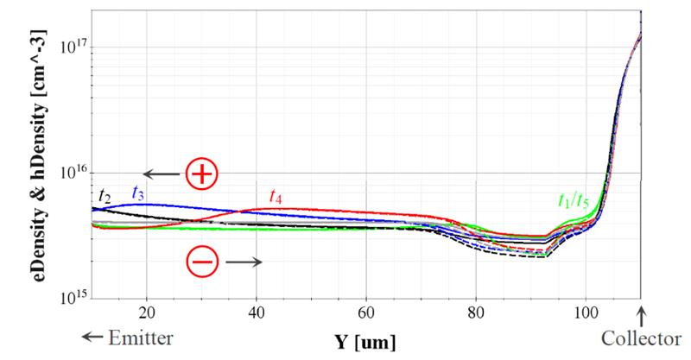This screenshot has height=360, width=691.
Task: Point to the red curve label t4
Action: pyautogui.click(x=276, y=196)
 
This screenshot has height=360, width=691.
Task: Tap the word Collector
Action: pyautogui.click(x=643, y=338)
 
